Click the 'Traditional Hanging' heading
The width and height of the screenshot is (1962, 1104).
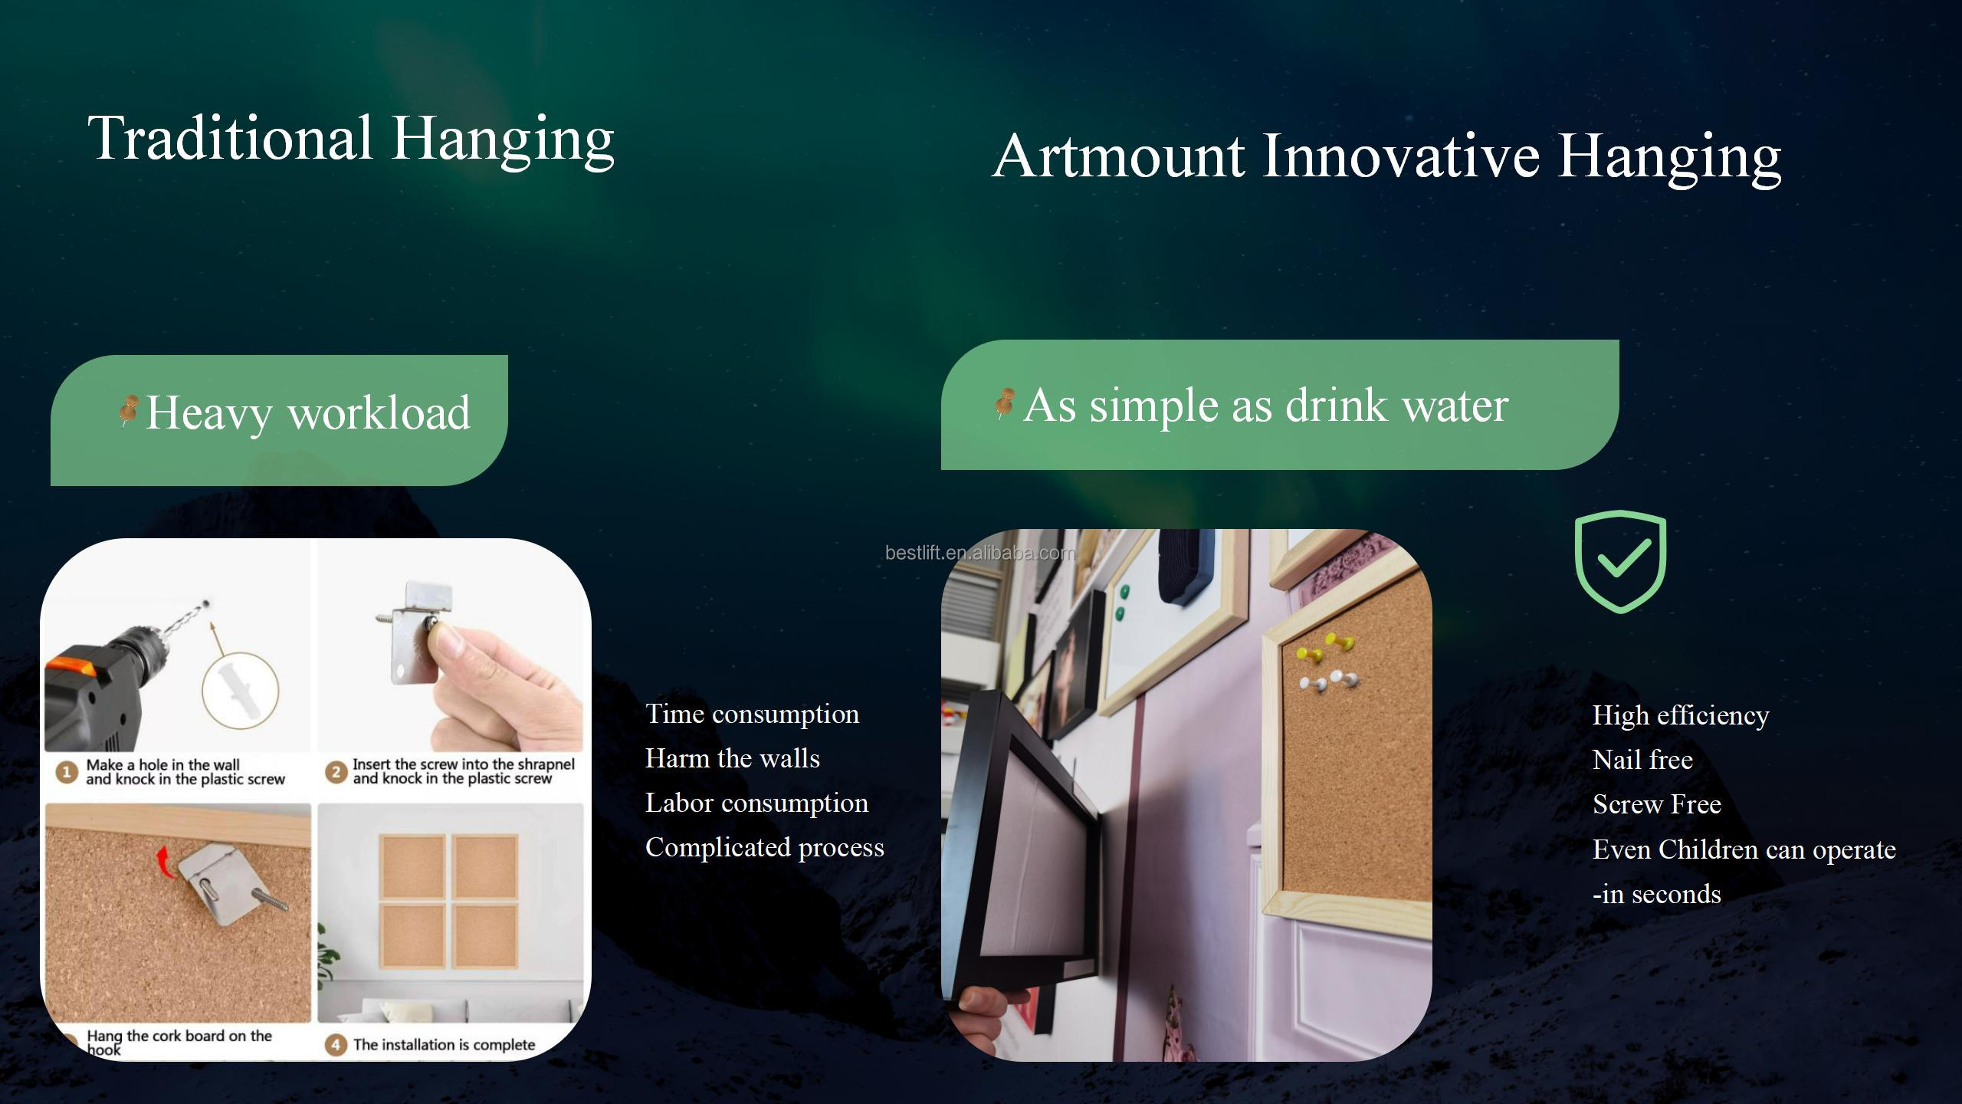coord(351,139)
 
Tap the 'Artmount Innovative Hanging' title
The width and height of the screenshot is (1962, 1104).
coord(1386,157)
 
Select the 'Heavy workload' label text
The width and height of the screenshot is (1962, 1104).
coord(307,413)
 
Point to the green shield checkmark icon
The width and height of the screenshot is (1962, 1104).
coord(1620,561)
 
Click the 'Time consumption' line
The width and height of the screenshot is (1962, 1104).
coord(752,714)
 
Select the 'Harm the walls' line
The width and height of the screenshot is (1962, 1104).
coord(733,758)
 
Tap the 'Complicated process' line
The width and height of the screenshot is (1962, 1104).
coord(765,847)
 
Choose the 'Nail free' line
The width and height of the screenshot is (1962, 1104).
coord(1642,760)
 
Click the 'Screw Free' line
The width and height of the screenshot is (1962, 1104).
coord(1657,804)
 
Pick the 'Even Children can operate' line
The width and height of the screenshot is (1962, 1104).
coord(1744,849)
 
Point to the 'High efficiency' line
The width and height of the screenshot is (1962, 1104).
coord(1681,715)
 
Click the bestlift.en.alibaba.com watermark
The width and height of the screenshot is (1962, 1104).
coord(980,553)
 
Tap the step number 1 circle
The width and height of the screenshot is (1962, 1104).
coord(67,772)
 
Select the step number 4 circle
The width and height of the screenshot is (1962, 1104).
coord(335,1045)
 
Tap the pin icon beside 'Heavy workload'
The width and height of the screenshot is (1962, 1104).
coord(128,410)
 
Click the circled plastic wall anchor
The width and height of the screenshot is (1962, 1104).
coord(240,689)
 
